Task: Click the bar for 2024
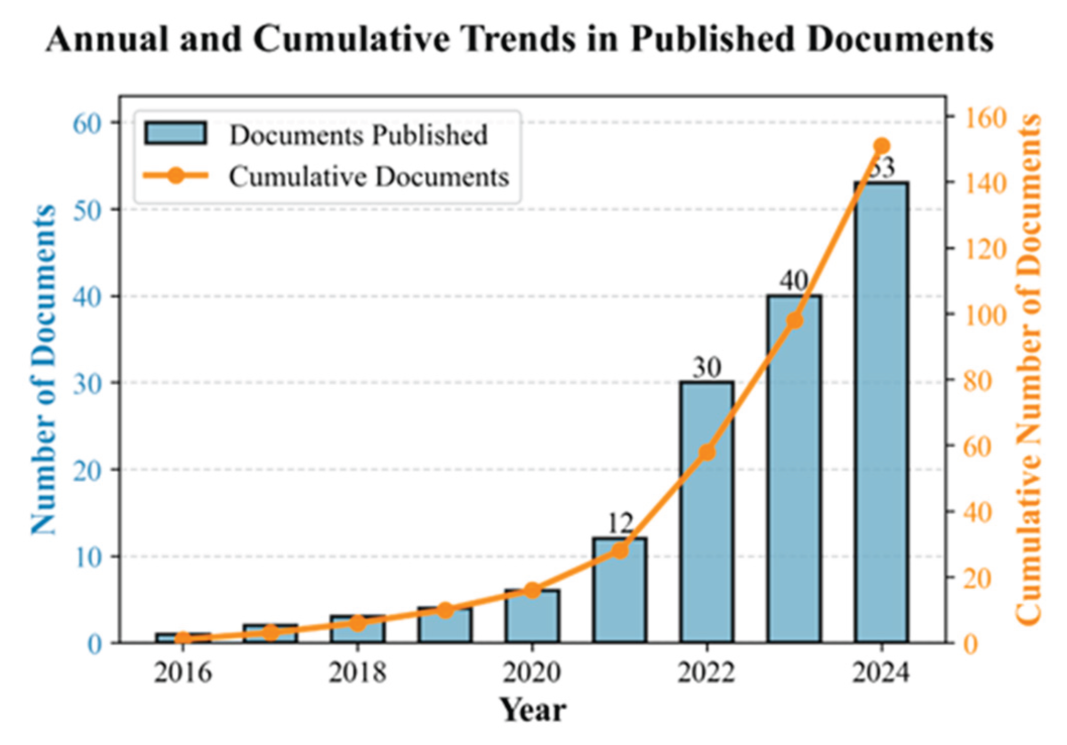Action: tap(881, 413)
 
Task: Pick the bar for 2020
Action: tap(532, 617)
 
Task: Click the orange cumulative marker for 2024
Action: tap(882, 147)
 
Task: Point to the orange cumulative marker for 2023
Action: tap(794, 321)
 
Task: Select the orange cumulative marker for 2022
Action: tap(707, 452)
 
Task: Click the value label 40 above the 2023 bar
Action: tap(794, 281)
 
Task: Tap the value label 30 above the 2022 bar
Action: tap(707, 367)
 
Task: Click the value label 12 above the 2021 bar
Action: tap(620, 524)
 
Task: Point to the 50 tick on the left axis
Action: tap(87, 210)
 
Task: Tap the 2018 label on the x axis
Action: tap(358, 672)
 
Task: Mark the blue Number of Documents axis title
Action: tap(43, 370)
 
